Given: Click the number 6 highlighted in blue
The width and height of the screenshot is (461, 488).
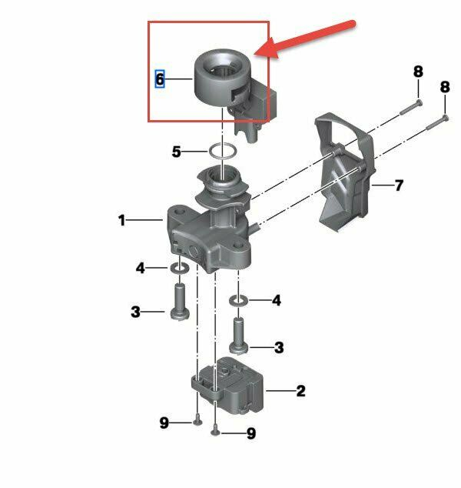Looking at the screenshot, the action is pos(160,79).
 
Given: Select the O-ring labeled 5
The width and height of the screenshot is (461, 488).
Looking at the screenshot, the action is pos(223,150).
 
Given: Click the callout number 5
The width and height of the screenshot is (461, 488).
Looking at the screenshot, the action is pos(177,152).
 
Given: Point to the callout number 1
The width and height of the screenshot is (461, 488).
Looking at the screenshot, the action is pos(121,220).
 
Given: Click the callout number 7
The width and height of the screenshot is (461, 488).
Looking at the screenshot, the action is pos(399,186).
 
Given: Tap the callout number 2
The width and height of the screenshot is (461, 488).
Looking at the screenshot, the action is pos(300,391).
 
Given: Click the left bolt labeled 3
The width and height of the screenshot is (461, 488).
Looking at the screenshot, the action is pos(180,301).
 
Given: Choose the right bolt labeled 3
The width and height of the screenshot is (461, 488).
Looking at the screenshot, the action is pos(239,336).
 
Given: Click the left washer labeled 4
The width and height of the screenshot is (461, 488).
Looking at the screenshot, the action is pos(179,268).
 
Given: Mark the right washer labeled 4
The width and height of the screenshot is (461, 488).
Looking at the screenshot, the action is pos(238,301).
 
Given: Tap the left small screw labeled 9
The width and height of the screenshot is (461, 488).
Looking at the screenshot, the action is pos(198,421).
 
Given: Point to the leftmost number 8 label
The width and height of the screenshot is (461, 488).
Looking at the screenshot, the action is pos(418,72).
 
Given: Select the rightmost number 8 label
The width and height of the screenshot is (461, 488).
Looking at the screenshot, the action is pos(445,86).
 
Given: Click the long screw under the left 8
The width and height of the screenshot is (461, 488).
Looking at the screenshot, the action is pos(411,107).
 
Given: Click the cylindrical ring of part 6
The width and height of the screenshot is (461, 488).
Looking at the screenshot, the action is pos(202,85).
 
